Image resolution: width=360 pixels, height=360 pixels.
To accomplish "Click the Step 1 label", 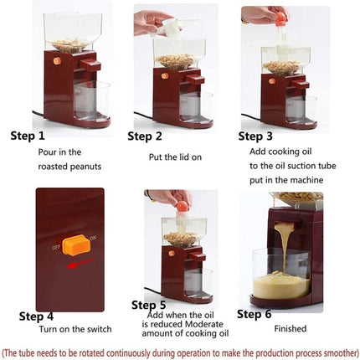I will [x=29, y=135].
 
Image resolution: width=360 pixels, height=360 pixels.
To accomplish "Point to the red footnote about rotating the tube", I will [x=180, y=351].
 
